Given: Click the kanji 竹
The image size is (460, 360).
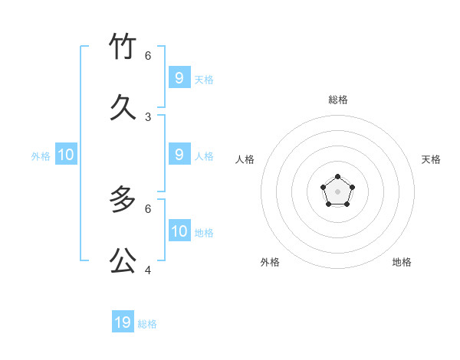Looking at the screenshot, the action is [x=123, y=47].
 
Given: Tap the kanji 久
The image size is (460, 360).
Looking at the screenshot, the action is [x=123, y=107].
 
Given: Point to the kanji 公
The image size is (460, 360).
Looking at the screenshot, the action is [x=123, y=260].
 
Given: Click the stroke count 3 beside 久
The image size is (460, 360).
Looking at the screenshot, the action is [x=148, y=117].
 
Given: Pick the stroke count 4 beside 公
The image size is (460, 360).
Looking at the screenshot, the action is [x=148, y=270].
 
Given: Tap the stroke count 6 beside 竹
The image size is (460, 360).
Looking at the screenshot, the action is [x=148, y=56].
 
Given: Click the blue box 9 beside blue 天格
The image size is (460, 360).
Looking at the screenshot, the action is [x=179, y=77].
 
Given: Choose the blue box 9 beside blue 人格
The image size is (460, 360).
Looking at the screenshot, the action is [x=179, y=154].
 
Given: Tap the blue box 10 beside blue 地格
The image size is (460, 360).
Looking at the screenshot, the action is [x=179, y=231].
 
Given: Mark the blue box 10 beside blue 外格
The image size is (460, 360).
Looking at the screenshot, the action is [x=66, y=155].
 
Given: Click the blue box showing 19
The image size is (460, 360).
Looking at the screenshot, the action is [x=123, y=322].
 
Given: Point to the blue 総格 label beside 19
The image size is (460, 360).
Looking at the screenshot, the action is [x=147, y=324].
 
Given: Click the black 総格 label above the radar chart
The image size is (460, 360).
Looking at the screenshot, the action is [x=338, y=100].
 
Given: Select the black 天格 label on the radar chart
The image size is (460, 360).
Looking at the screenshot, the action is [x=431, y=159].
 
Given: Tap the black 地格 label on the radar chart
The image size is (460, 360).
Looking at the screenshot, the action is [x=402, y=262].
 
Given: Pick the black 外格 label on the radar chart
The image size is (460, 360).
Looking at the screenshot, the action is [x=270, y=262].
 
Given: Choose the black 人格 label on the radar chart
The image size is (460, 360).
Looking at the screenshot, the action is [x=245, y=159].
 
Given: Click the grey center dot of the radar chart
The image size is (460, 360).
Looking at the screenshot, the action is [x=337, y=191].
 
